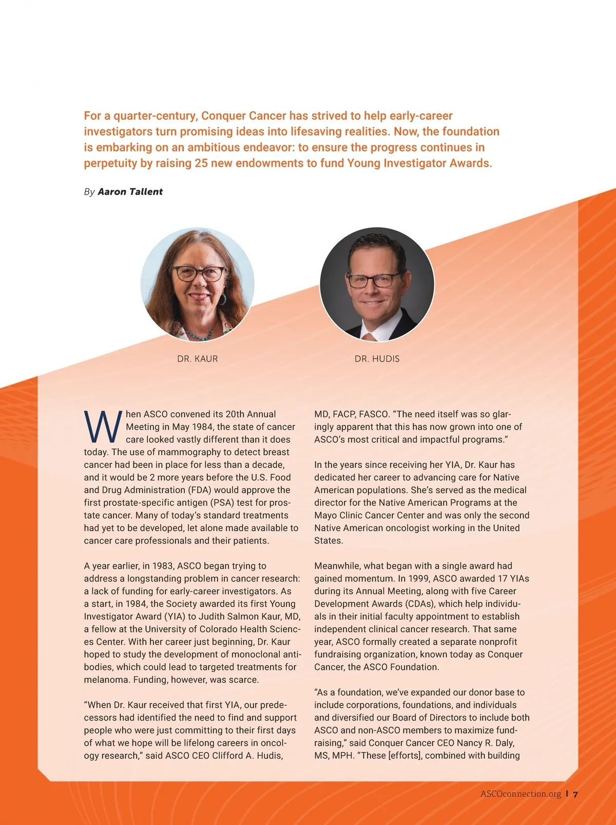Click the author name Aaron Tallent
point(130,192)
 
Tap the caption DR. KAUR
point(198,359)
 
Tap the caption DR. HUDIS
point(377,359)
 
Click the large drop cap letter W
point(103,427)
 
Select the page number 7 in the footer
point(575,794)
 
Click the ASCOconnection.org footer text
point(521,794)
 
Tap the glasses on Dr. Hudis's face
point(374,280)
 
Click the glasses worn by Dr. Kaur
point(199,273)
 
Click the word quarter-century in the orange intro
point(156,116)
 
